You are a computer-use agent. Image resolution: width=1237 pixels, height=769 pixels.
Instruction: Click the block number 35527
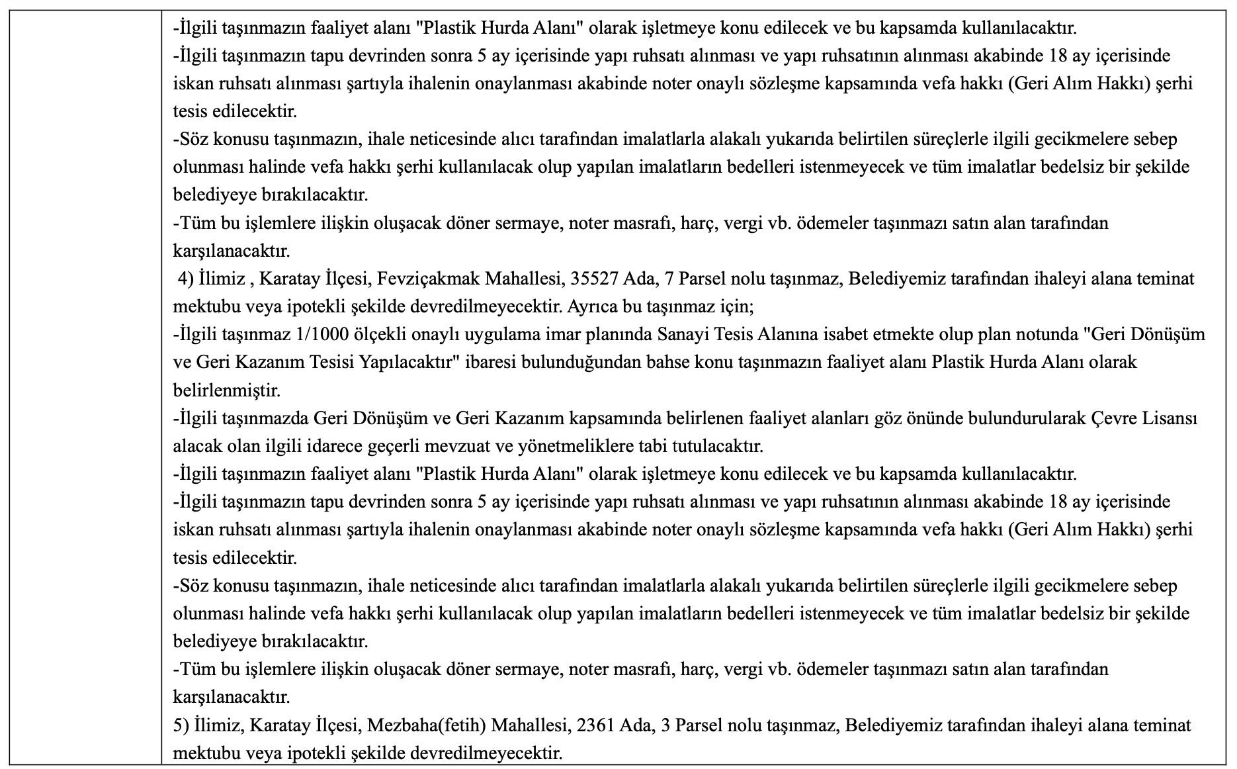[590, 279]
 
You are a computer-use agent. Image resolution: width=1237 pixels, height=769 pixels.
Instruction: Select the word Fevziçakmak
[427, 279]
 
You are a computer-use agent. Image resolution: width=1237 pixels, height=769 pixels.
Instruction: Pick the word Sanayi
[681, 334]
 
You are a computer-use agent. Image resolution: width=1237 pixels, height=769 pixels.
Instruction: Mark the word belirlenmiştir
[227, 390]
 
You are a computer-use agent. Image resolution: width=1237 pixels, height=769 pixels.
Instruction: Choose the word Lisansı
[1175, 418]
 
